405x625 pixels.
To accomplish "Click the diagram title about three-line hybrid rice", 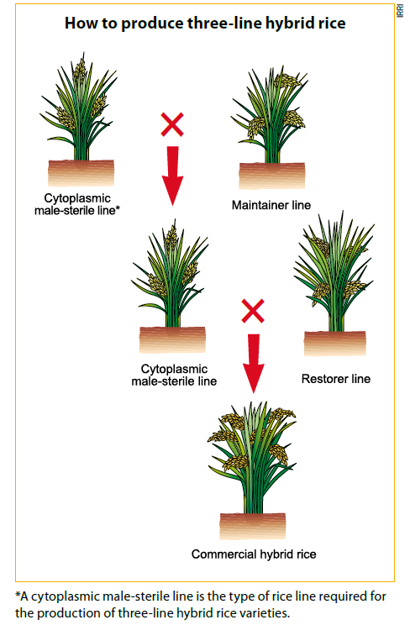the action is tap(205, 24).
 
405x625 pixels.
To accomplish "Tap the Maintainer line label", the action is tap(271, 205).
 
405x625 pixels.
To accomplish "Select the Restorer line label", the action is tap(335, 379).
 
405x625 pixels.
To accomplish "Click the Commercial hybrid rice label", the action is tap(254, 554).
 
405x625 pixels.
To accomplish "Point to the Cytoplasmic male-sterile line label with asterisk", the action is tap(77, 204).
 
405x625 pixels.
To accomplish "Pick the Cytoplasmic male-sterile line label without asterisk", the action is tap(174, 375).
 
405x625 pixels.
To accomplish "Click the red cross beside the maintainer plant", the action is tap(172, 124).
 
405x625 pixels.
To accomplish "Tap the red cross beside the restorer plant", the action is tap(253, 311).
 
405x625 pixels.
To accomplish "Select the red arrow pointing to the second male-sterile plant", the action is tap(172, 176).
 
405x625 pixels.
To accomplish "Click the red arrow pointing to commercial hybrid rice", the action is tap(253, 364).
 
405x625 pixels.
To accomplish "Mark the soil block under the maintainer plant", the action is tap(272, 176).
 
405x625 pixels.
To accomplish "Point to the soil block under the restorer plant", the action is tap(335, 344).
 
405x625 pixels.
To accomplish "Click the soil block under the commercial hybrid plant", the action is tap(253, 526).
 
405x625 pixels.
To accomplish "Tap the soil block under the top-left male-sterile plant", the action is tap(81, 173).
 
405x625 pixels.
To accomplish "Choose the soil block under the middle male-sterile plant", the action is tap(172, 340).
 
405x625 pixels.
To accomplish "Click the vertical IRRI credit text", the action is tap(400, 10).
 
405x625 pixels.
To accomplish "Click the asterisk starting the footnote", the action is tap(18, 595).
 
